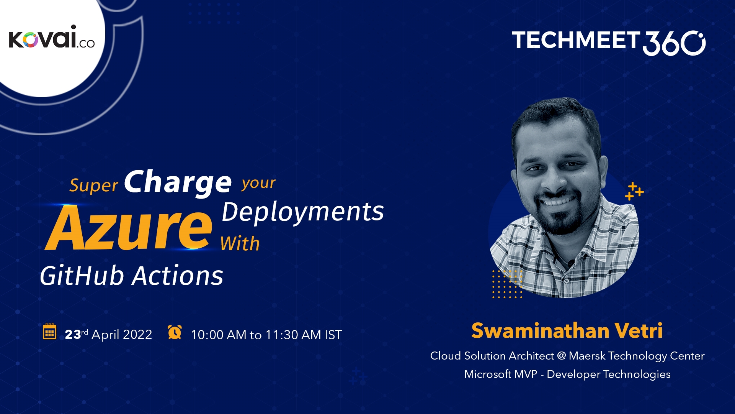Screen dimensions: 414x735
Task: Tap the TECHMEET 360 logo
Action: [608, 42]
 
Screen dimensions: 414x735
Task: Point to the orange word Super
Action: [93, 186]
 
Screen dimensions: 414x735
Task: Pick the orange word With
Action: [240, 244]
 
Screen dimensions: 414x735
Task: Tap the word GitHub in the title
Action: [82, 276]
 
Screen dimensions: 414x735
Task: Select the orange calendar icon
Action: [49, 332]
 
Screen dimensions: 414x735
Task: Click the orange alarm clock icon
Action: [175, 332]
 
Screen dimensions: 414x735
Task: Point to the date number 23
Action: [73, 335]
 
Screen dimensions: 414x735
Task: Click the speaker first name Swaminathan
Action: [540, 330]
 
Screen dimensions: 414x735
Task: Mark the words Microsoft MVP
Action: [500, 374]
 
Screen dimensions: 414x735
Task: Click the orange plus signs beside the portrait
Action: [634, 191]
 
